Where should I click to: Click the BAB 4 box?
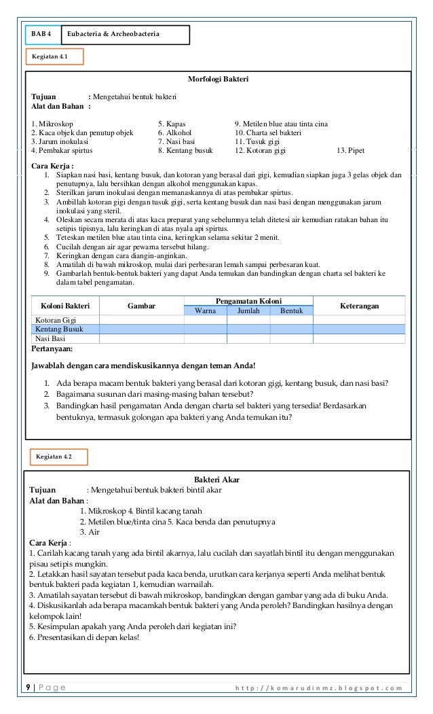pos(41,33)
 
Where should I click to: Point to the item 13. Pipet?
pos(351,151)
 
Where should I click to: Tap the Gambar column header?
pos(141,306)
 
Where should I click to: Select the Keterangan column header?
pos(359,306)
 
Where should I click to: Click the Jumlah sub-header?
pos(248,310)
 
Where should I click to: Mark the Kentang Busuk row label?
pos(59,329)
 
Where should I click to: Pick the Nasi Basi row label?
pos(50,338)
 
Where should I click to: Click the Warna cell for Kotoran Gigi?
pos(205,319)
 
